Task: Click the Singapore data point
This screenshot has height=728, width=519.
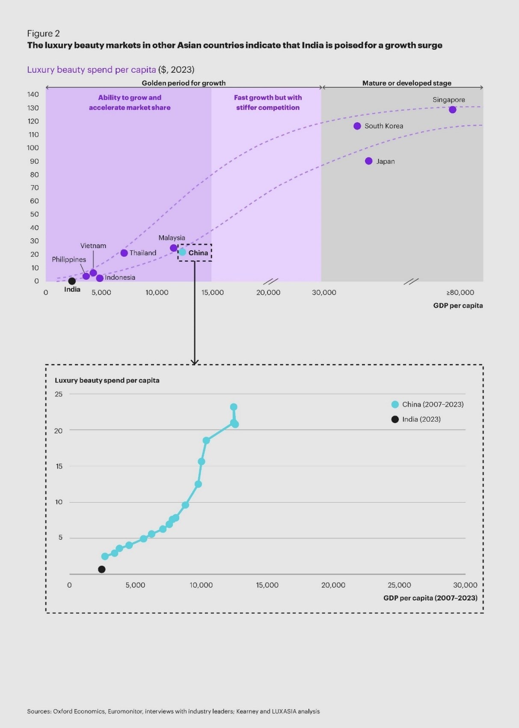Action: tap(452, 110)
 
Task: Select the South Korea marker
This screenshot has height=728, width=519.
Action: tap(357, 126)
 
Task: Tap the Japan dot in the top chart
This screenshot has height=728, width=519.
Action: tap(369, 161)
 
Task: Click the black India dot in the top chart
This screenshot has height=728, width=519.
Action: tap(72, 281)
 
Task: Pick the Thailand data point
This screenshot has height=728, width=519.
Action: tap(124, 253)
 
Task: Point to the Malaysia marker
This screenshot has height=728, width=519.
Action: tap(174, 248)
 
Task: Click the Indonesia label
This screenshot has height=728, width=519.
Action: tap(120, 278)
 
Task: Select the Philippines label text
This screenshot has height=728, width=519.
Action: tap(69, 260)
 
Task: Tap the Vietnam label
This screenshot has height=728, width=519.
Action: tap(93, 246)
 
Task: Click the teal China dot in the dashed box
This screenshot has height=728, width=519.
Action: tap(183, 252)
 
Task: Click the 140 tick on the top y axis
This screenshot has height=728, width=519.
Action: tap(33, 95)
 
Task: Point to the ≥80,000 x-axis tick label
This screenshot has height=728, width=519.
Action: tap(460, 293)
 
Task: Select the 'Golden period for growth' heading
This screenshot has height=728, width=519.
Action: tap(184, 83)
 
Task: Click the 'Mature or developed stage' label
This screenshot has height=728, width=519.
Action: tap(407, 83)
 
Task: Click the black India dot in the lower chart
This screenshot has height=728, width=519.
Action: tap(102, 569)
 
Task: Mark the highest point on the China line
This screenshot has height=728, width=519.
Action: tap(234, 407)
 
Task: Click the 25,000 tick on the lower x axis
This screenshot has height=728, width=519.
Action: tap(399, 585)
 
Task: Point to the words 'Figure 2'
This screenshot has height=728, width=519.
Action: tap(44, 34)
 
